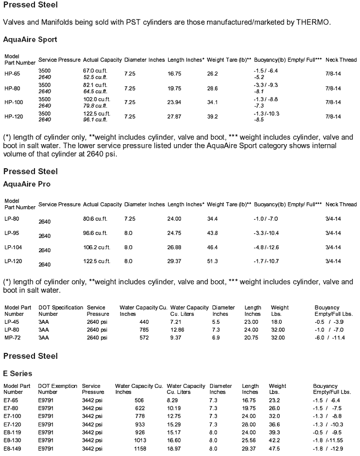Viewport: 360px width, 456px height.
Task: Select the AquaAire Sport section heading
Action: click(30, 39)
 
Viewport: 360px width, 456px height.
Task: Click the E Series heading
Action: click(17, 373)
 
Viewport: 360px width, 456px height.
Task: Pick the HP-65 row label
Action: click(12, 74)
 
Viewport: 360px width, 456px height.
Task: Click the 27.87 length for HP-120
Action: click(174, 117)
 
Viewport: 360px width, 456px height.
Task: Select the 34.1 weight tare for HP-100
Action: click(212, 103)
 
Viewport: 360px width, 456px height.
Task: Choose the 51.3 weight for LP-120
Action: click(212, 261)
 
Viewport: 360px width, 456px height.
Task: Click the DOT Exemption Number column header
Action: click(57, 389)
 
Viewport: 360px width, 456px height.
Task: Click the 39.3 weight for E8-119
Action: click(274, 431)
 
